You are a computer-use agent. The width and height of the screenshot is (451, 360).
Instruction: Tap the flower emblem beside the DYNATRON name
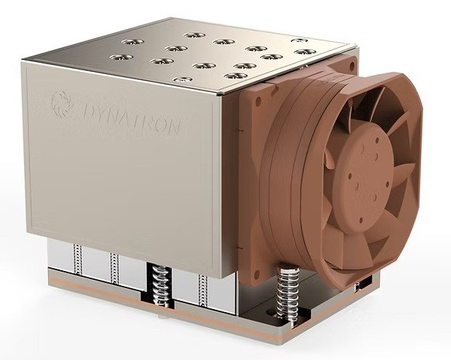click(x=62, y=104)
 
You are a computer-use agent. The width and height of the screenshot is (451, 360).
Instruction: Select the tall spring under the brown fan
click(x=288, y=291)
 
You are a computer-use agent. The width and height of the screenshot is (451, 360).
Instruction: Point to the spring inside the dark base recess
click(x=159, y=284)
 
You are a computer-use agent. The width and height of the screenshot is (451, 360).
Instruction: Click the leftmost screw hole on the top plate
click(x=121, y=57)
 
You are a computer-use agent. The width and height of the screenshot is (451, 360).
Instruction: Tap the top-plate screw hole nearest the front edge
click(x=182, y=79)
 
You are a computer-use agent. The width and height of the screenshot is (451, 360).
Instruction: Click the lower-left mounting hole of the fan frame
click(x=254, y=272)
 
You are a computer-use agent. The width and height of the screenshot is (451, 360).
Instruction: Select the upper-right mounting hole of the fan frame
click(x=352, y=67)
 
